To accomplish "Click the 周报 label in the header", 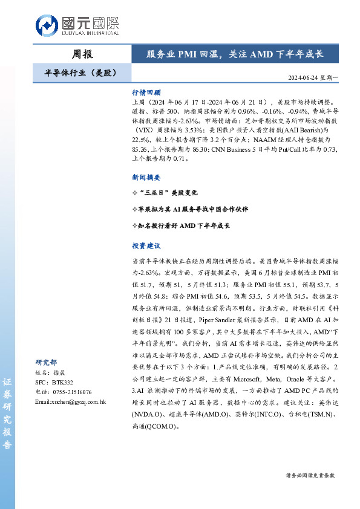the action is (x=82, y=54).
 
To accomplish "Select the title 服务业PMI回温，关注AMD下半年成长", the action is (x=235, y=54).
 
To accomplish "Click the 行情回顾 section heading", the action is (x=146, y=93).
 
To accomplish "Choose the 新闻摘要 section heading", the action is (x=146, y=177).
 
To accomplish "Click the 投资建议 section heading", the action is (x=146, y=246).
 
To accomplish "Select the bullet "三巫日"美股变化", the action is (x=165, y=193).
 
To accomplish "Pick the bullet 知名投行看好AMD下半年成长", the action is (x=180, y=225).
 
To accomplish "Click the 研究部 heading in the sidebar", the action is (x=46, y=362).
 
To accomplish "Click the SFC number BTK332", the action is (x=62, y=383).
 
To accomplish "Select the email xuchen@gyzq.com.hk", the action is (x=71, y=401).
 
